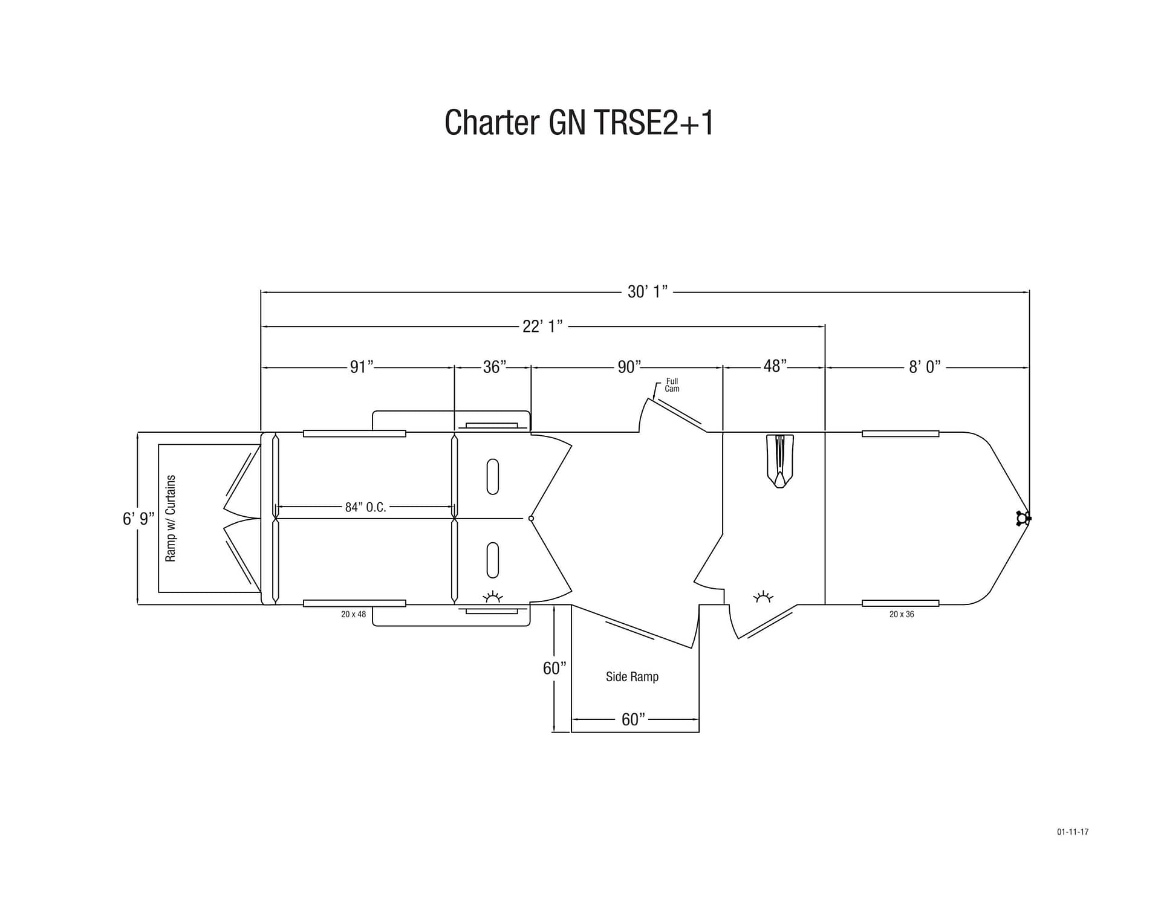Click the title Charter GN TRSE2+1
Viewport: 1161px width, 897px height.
579,123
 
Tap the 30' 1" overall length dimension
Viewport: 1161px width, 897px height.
647,292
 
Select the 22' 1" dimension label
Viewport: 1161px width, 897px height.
542,326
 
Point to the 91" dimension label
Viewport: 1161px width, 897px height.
362,367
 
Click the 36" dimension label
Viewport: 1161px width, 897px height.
495,367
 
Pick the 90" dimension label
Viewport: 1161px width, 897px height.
629,367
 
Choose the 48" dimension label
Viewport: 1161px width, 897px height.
775,366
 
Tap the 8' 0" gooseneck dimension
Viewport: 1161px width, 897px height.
925,367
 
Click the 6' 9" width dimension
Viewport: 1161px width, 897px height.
138,519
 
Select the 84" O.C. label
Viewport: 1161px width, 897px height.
365,507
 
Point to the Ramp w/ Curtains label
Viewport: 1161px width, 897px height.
171,518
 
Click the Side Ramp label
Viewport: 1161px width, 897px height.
632,676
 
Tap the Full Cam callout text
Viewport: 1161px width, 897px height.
672,385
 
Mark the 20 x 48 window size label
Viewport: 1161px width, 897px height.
353,614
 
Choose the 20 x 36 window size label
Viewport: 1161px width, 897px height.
902,614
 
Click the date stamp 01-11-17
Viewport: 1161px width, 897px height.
1073,832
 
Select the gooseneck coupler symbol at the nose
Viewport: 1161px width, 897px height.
1023,519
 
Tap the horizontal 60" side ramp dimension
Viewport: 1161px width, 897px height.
633,719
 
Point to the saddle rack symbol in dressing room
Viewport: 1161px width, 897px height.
779,461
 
